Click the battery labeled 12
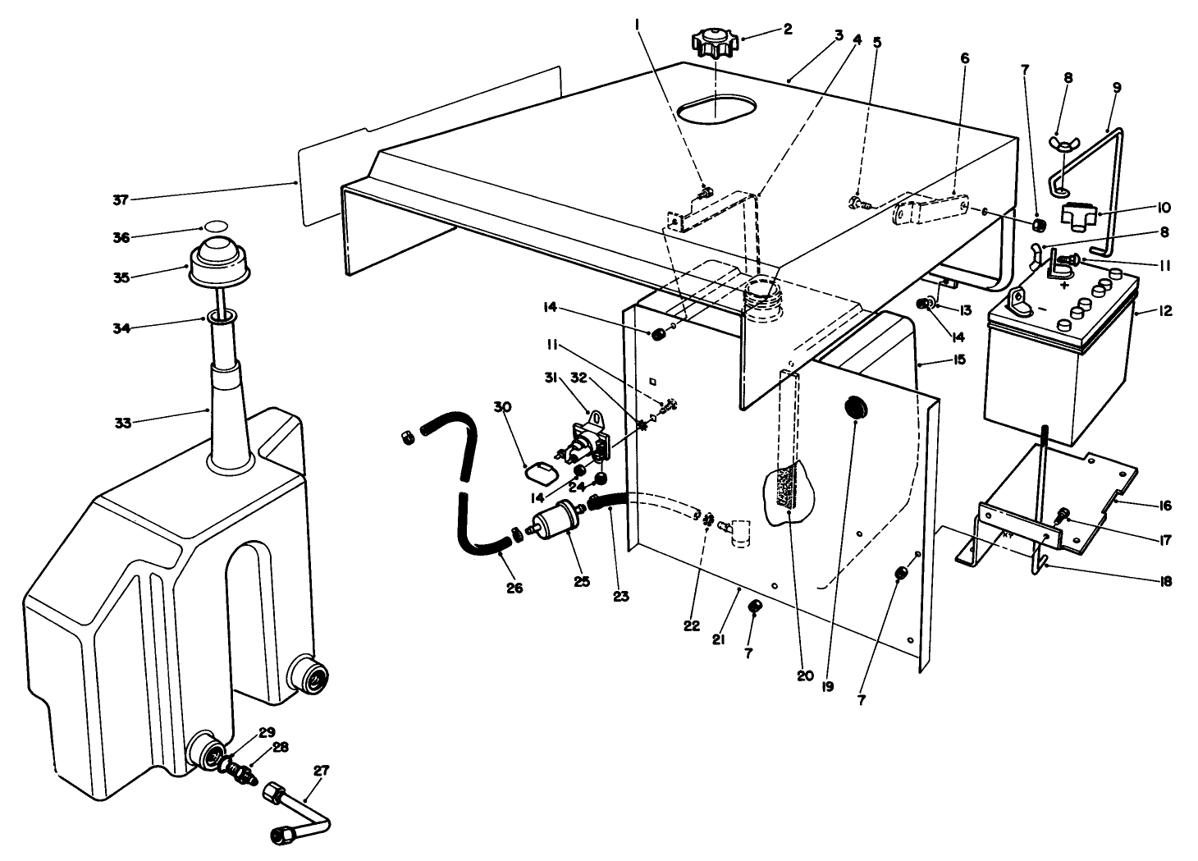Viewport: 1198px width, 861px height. tap(1059, 369)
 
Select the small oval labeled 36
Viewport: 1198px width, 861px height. tap(215, 225)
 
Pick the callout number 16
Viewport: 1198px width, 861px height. tap(1164, 506)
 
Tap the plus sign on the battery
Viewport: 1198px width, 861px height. tap(1064, 286)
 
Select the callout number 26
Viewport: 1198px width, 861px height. tap(514, 588)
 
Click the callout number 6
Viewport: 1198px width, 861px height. tap(964, 58)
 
